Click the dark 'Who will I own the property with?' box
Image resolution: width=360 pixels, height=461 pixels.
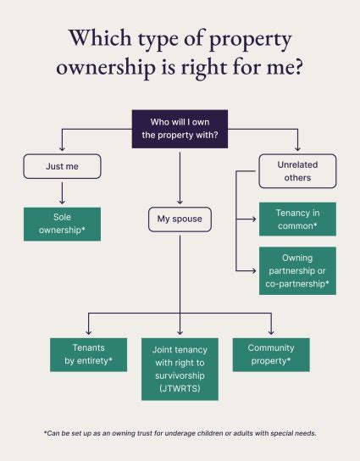[180, 130]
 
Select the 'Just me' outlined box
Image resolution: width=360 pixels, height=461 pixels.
[61, 166]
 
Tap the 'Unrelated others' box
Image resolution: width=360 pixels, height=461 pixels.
[297, 171]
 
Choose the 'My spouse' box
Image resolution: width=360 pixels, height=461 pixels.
[180, 220]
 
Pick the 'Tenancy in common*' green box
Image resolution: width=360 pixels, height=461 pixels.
[297, 219]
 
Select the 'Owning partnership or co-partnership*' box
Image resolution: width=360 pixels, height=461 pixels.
[297, 271]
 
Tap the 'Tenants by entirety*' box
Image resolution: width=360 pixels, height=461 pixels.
[88, 354]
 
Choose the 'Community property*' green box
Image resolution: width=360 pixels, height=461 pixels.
[271, 354]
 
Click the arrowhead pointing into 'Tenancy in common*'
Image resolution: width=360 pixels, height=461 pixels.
[255, 219]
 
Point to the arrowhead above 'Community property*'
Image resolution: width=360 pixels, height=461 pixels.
[271, 334]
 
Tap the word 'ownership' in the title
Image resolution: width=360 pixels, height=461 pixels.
[108, 69]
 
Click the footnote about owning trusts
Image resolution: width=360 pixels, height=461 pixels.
[180, 433]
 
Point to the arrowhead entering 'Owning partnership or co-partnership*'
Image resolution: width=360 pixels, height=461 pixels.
[255, 271]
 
